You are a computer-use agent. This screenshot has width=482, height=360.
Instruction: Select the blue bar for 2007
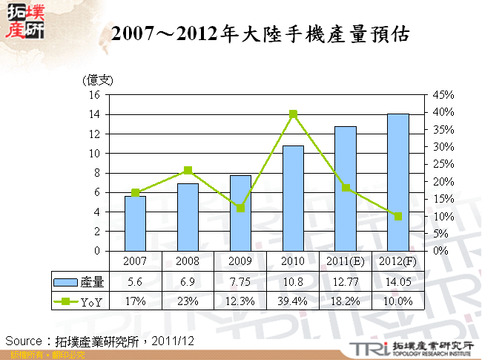[135, 223]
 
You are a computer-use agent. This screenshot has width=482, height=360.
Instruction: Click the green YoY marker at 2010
[293, 114]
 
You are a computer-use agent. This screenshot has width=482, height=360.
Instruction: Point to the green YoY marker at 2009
[240, 208]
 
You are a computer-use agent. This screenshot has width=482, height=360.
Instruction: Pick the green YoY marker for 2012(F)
[398, 216]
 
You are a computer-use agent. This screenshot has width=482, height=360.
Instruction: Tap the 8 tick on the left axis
[96, 173]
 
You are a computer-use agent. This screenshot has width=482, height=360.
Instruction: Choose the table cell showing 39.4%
[293, 301]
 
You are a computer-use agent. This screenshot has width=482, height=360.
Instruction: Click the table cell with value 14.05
[398, 282]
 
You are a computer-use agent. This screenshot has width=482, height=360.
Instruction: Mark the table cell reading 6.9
[188, 282]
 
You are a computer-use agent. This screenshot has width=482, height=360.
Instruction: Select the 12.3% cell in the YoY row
[240, 301]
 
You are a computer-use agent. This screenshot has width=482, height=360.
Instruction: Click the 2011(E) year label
[346, 261]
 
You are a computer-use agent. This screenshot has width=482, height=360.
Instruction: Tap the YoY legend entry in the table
[80, 301]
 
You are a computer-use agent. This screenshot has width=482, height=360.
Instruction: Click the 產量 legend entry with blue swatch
[80, 282]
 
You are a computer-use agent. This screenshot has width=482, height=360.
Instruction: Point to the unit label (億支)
[97, 80]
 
